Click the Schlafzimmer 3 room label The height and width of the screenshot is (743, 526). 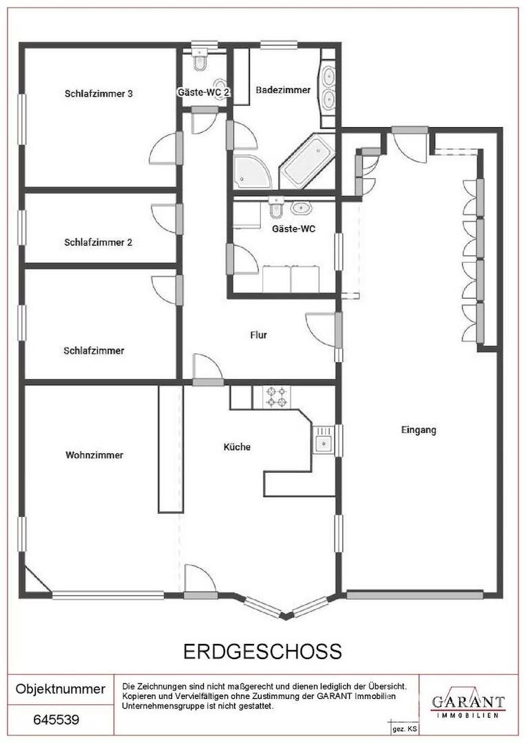(x=98, y=94)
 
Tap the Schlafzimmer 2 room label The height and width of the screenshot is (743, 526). (x=98, y=243)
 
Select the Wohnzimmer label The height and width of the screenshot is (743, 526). (x=94, y=455)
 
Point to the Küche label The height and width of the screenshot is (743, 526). (x=237, y=447)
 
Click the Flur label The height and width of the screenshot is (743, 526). (x=258, y=335)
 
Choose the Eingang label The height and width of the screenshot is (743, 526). (x=419, y=430)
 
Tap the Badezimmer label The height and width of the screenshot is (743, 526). (x=283, y=89)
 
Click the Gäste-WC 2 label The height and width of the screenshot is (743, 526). (x=204, y=92)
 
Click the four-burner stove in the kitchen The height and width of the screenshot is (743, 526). (x=277, y=397)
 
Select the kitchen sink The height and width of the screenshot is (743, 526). (x=324, y=439)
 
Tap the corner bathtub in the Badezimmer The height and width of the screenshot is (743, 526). (x=307, y=160)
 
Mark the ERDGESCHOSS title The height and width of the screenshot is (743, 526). (x=262, y=652)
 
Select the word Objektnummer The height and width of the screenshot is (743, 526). (x=61, y=689)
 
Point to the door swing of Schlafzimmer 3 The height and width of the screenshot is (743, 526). (x=164, y=148)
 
